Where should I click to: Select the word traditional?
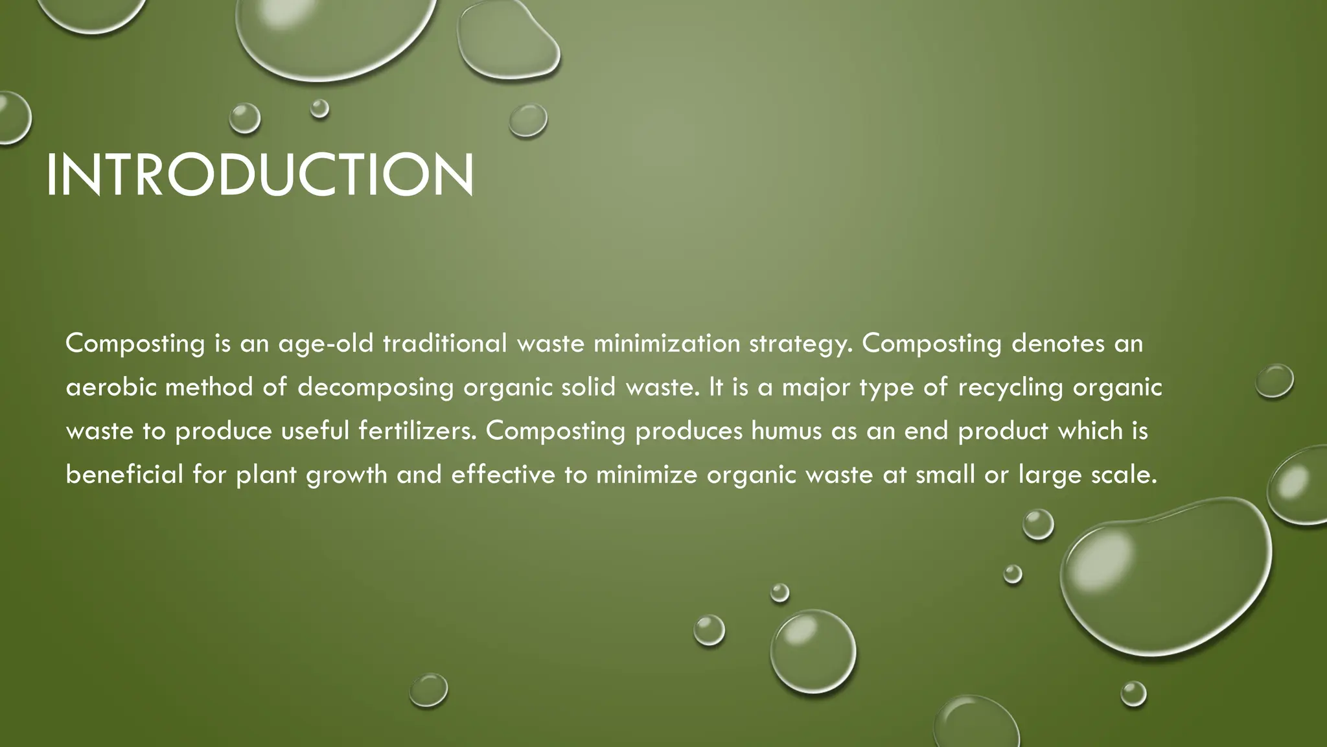point(444,344)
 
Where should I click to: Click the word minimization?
point(666,344)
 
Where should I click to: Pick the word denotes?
point(1057,344)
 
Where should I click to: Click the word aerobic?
point(111,387)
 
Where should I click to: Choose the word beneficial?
point(124,475)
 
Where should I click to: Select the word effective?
point(503,475)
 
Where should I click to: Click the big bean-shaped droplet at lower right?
point(1166,574)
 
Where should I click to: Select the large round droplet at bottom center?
point(813,651)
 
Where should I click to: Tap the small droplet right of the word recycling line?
point(1274,381)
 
